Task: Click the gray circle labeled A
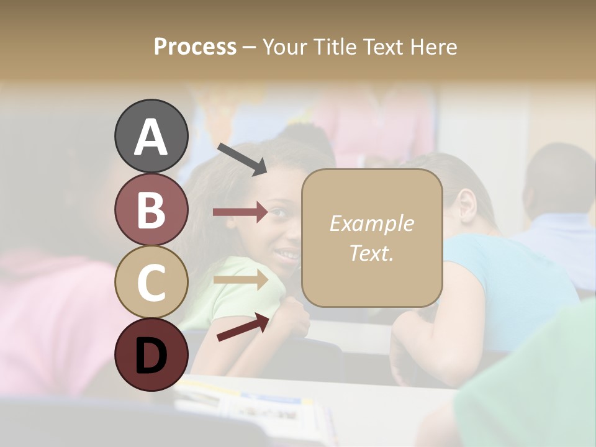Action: coord(151,137)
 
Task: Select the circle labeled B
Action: coord(151,210)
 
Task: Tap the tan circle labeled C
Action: coord(151,281)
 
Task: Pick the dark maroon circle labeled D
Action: coord(151,354)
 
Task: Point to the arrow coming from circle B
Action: coord(240,212)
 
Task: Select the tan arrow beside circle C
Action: coord(240,279)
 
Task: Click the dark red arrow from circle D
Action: coord(243,327)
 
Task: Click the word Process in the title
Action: coord(195,47)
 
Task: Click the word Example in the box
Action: coord(371,223)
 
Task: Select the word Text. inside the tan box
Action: coord(371,253)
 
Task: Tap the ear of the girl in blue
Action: coord(466,205)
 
